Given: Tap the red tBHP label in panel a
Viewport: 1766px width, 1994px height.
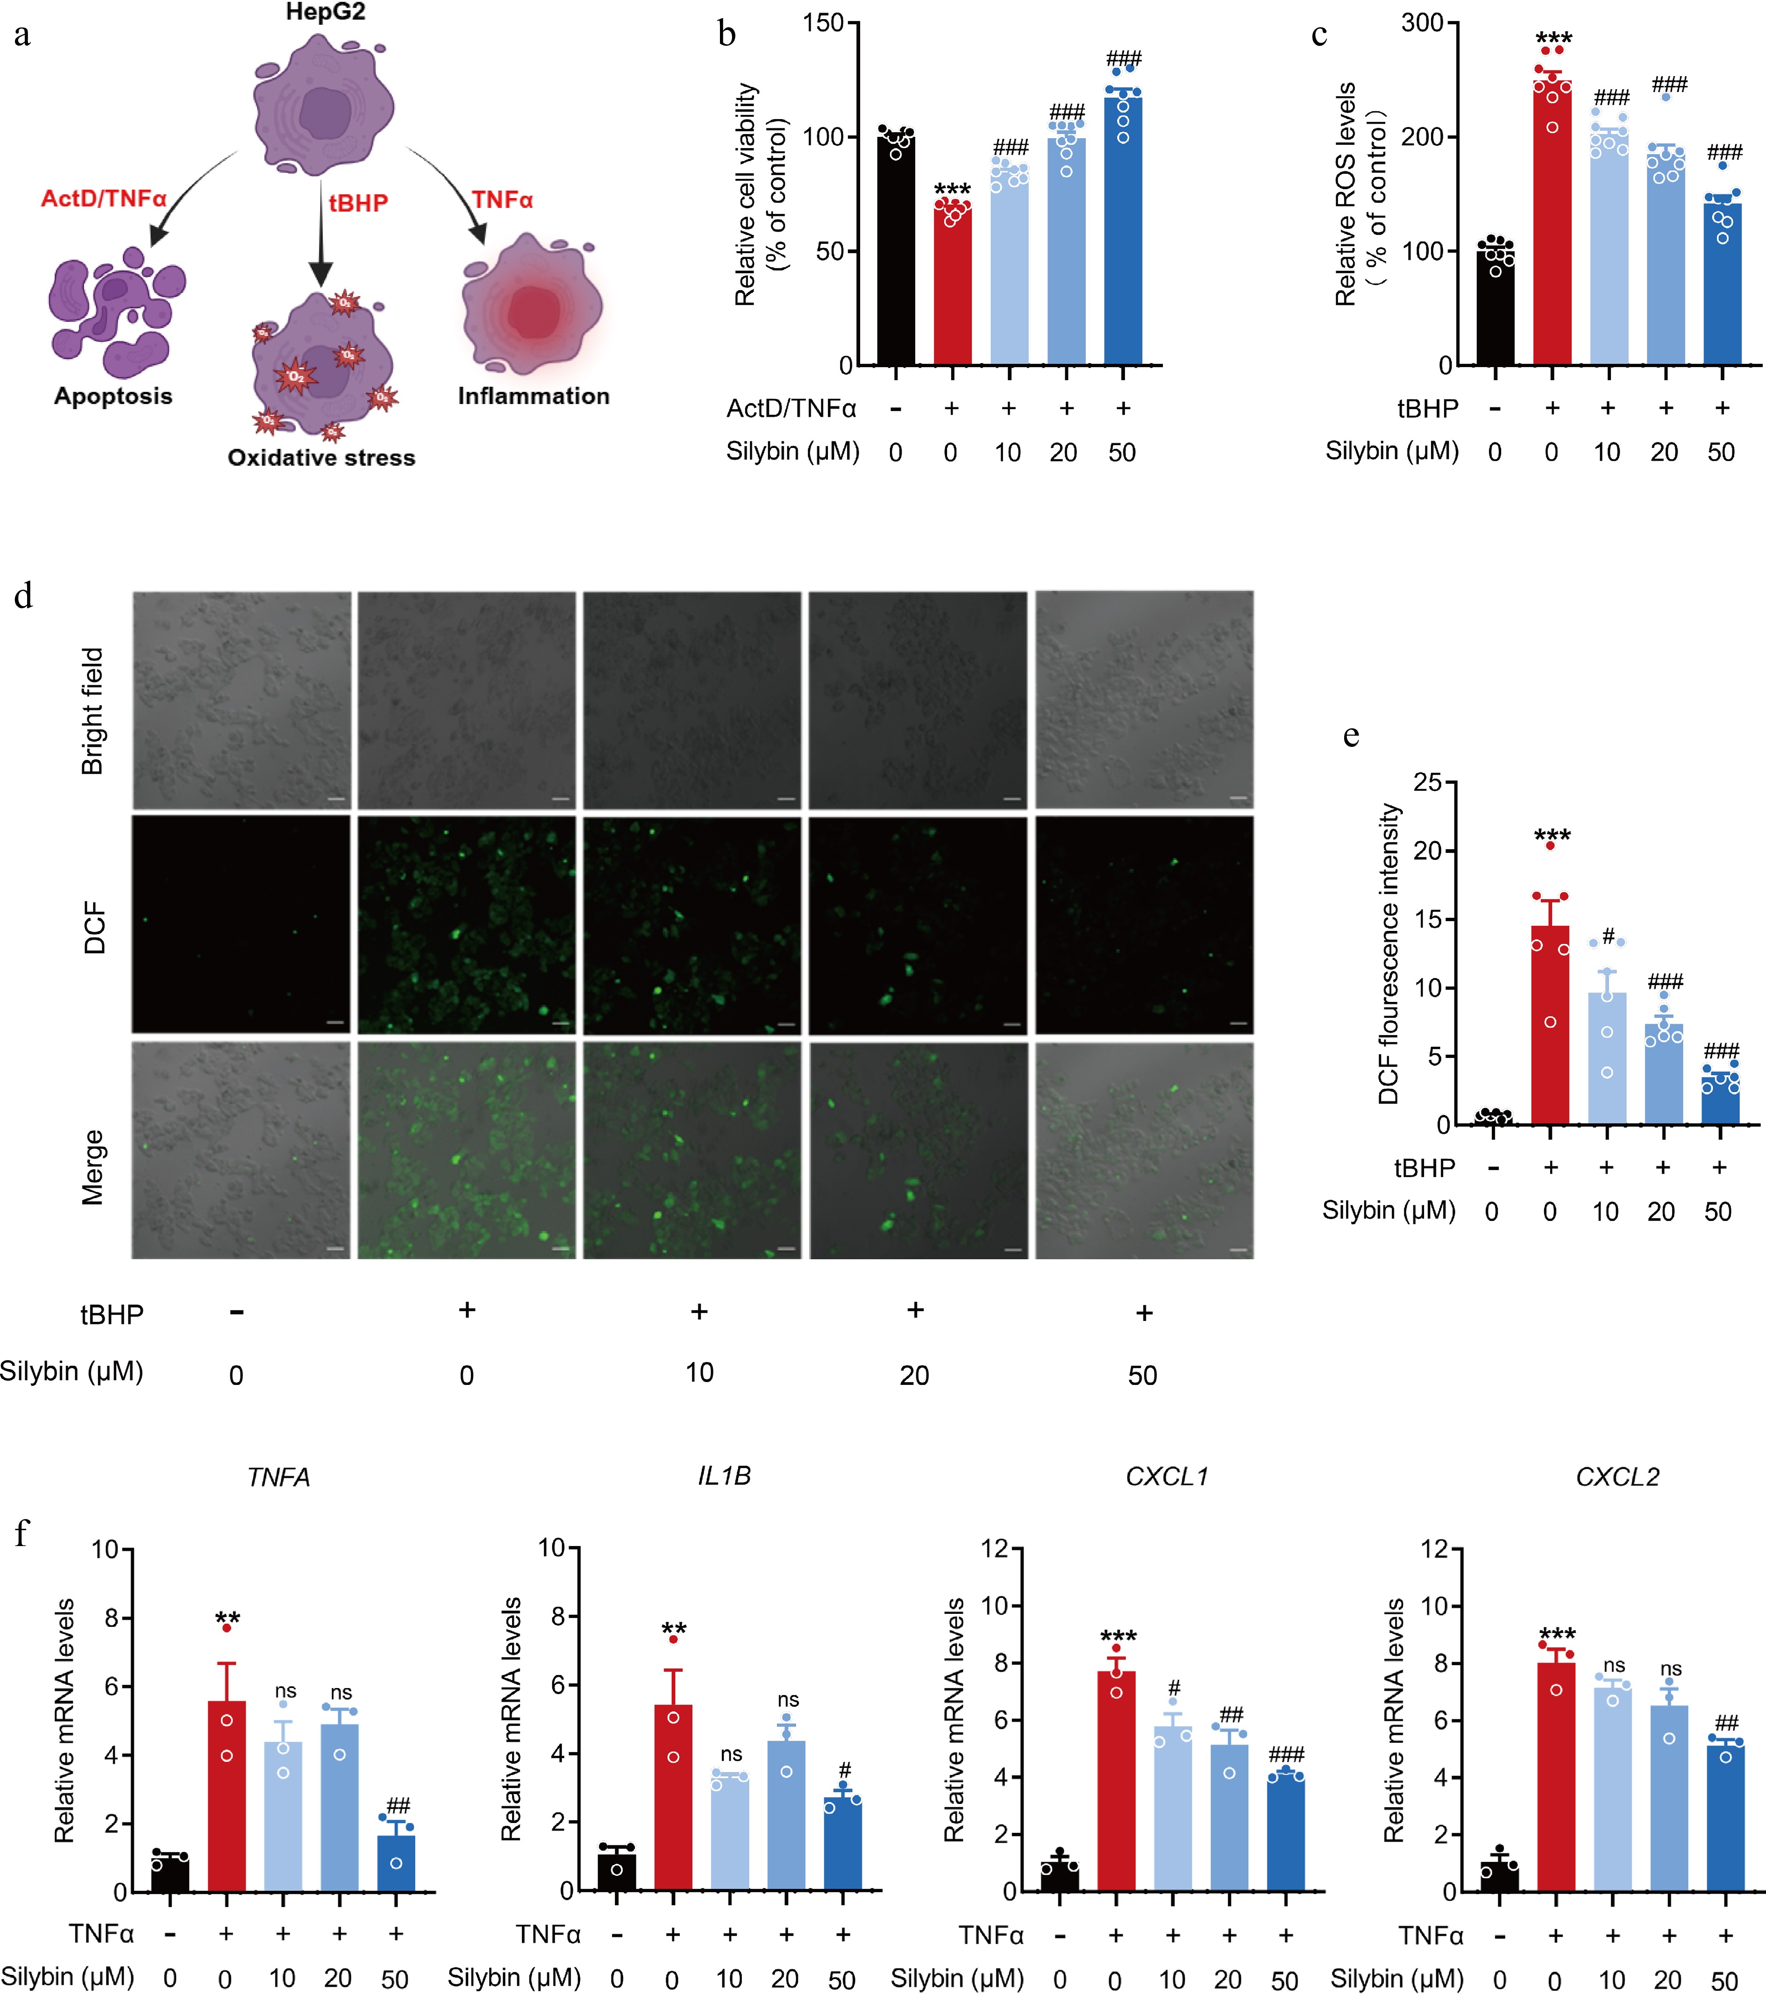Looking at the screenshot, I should pos(358,203).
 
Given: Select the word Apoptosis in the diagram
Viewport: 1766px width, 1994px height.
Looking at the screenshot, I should pos(113,396).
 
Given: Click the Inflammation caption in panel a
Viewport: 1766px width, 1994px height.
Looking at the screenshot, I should pos(534,396).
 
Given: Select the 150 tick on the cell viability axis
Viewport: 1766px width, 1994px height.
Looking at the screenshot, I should pos(823,22).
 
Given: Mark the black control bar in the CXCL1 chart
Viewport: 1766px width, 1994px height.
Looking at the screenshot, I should pos(1060,1875).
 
